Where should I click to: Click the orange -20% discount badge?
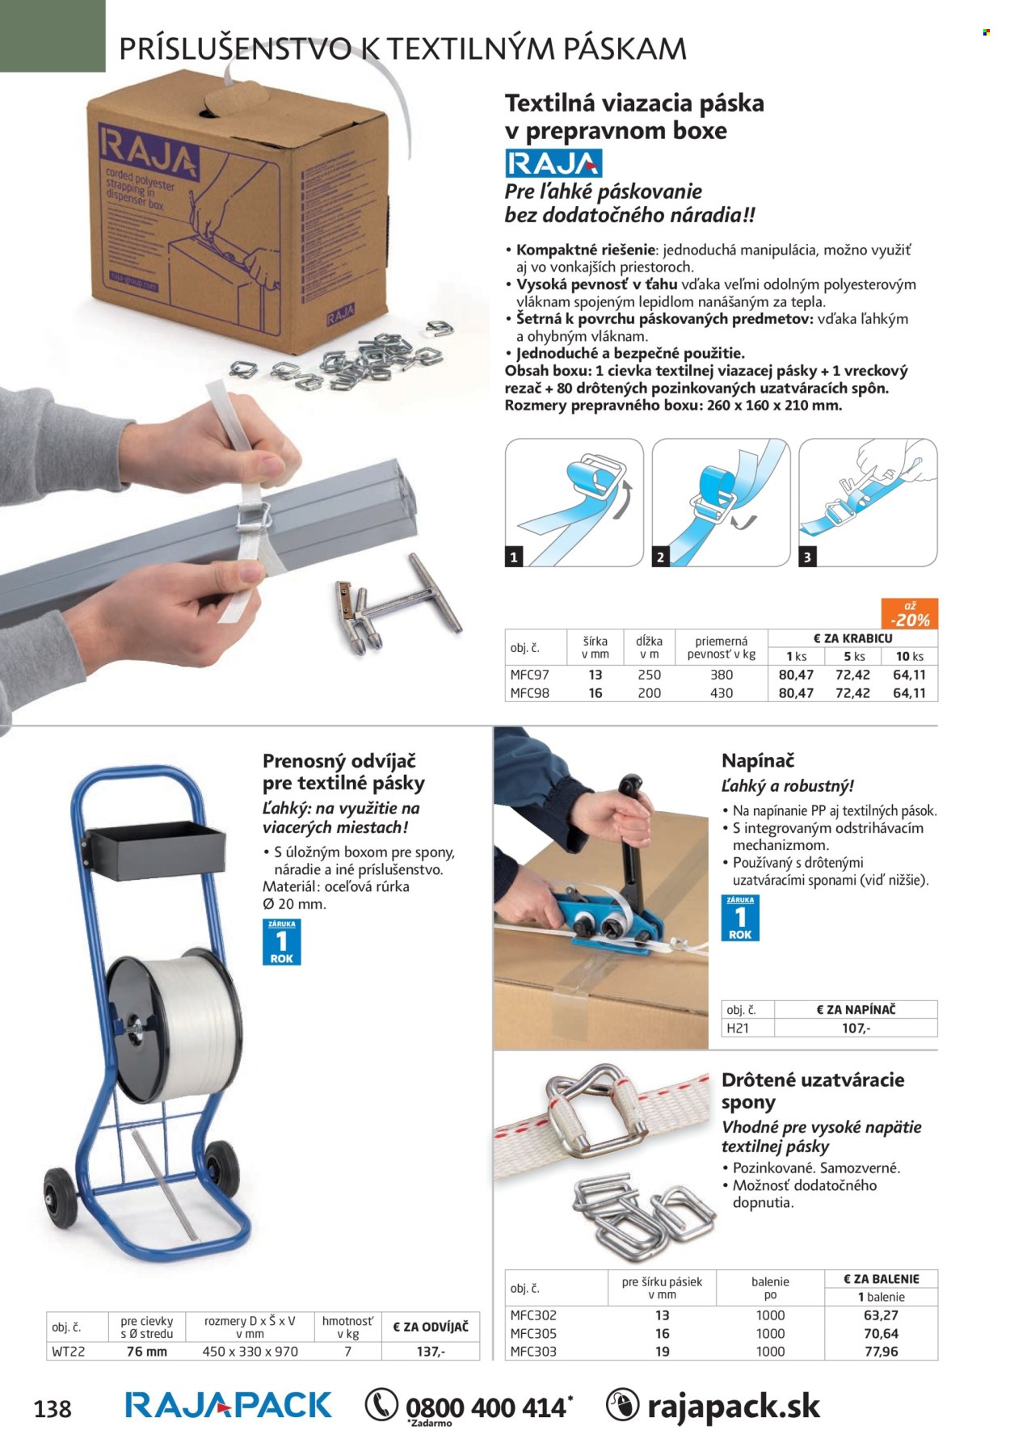click(909, 614)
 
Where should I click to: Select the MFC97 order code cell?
click(529, 675)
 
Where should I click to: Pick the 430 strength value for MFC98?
click(721, 693)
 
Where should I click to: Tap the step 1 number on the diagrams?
click(513, 557)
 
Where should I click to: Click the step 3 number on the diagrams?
click(807, 557)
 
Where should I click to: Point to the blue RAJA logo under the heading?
click(553, 163)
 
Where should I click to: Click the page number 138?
click(53, 1409)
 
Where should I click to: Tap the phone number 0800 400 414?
click(486, 1407)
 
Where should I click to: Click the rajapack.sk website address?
click(733, 1407)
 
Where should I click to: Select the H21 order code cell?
click(738, 1028)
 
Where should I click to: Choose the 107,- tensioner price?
click(856, 1028)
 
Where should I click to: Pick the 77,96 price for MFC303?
click(881, 1351)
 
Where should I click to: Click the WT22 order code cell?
click(68, 1351)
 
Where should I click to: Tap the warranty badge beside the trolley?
click(282, 941)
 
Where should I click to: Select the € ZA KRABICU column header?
click(852, 638)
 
